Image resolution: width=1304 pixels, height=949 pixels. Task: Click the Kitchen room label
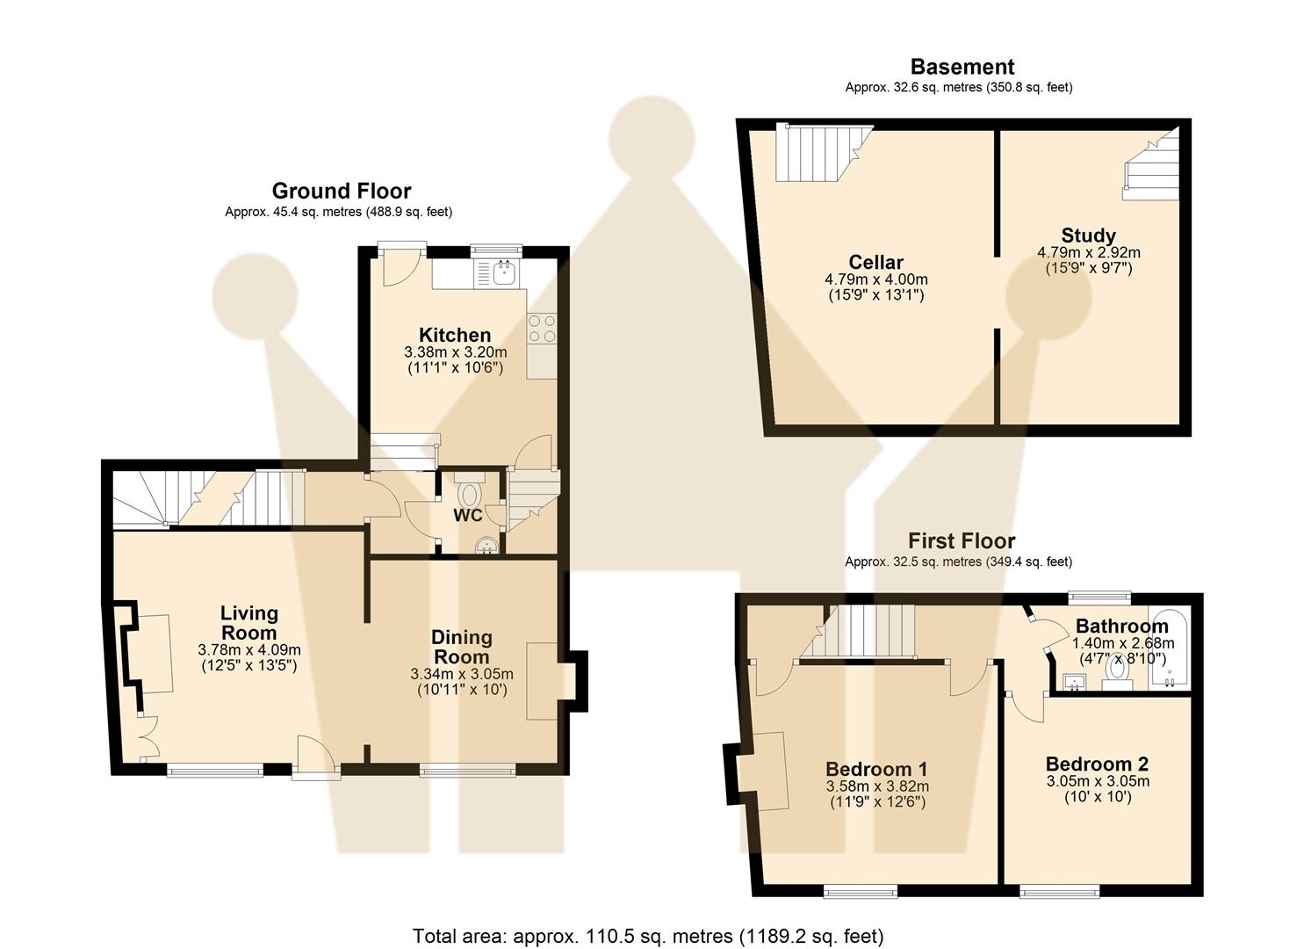(455, 335)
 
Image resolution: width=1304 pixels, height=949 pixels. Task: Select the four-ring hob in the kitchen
(542, 329)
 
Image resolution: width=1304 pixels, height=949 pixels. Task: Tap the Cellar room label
(875, 262)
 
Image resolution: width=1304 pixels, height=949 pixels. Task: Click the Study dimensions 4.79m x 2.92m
(1089, 252)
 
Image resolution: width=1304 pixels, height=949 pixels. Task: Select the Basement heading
(962, 67)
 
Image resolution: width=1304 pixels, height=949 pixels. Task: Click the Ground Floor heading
(342, 191)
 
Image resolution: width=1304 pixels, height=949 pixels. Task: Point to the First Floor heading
(962, 540)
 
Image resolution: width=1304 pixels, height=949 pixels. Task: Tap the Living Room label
(249, 622)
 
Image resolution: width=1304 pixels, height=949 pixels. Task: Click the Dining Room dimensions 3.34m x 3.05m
(462, 674)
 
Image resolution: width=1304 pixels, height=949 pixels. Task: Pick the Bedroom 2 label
(1098, 764)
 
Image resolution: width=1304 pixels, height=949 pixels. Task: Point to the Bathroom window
(1099, 597)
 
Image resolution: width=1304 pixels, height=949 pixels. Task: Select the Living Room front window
(215, 771)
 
